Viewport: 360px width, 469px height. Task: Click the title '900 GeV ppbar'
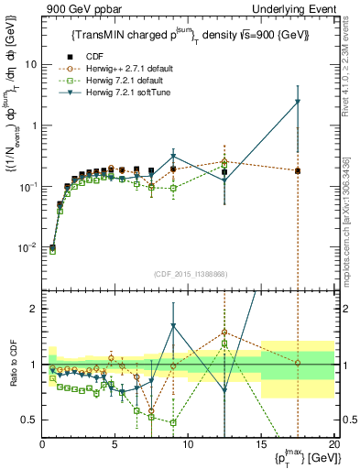tap(76, 8)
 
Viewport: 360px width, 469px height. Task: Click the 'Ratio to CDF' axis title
tap(12, 364)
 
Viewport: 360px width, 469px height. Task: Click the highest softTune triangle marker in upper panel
tap(298, 103)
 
